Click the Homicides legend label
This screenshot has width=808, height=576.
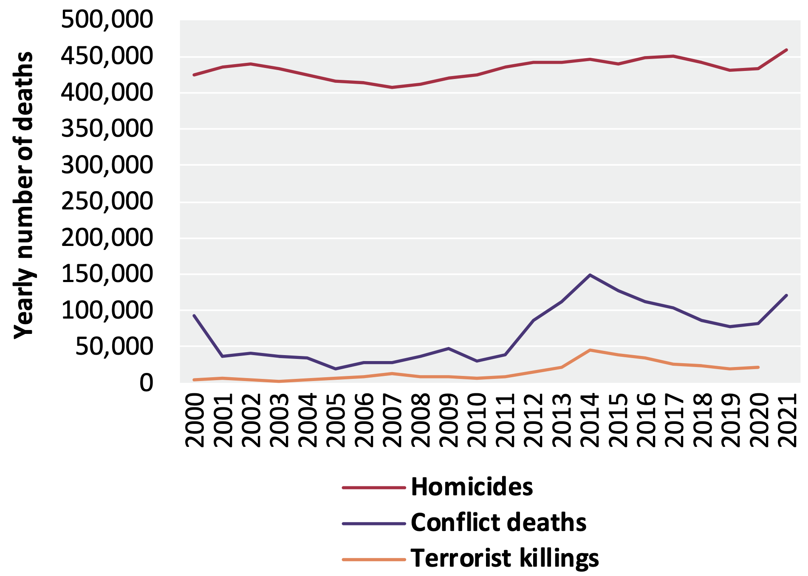tap(472, 487)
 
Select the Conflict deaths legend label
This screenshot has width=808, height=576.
tap(498, 522)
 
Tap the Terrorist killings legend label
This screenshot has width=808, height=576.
tap(504, 558)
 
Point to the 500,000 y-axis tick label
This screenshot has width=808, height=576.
tap(107, 20)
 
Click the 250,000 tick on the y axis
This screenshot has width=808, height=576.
tap(107, 201)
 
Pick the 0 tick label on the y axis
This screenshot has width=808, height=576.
tap(146, 383)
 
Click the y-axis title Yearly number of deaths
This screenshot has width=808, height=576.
tap(23, 195)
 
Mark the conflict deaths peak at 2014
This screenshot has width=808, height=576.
tap(590, 275)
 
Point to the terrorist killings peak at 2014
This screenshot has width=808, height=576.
tap(590, 350)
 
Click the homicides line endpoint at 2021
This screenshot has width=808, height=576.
tap(786, 50)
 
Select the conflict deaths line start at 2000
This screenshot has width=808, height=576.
tap(194, 316)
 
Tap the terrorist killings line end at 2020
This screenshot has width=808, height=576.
tap(758, 367)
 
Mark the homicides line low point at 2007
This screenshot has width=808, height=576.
tap(392, 88)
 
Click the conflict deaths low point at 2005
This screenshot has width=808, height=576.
tap(335, 369)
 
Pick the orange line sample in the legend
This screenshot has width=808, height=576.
tap(374, 559)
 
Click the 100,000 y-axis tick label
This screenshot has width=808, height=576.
tap(107, 311)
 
